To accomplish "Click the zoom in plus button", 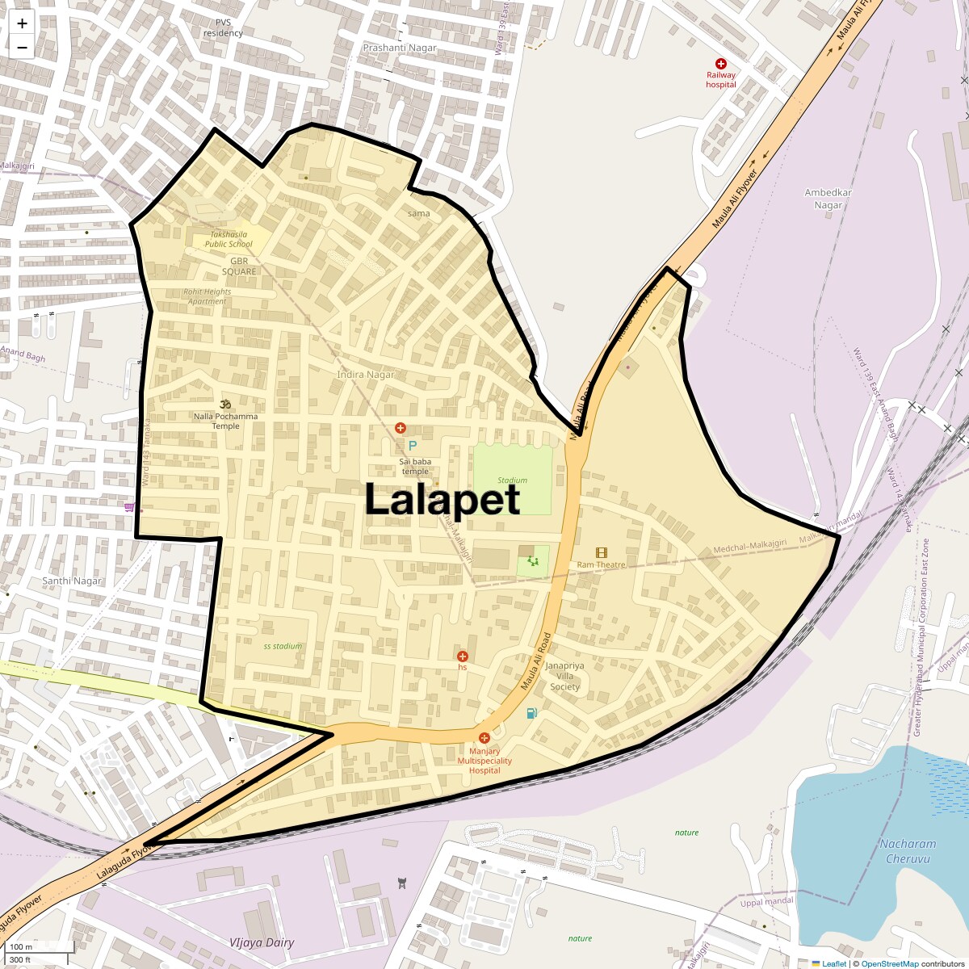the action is [x=22, y=24].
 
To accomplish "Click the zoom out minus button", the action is [x=22, y=48].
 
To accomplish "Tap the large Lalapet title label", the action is [x=443, y=499].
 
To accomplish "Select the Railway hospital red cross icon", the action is [x=721, y=64].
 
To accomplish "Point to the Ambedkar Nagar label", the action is [x=828, y=199].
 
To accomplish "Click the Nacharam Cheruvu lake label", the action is [x=908, y=851].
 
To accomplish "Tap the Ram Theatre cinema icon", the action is [x=602, y=553].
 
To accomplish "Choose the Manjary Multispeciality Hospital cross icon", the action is [x=484, y=738].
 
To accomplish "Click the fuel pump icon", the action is [x=531, y=713].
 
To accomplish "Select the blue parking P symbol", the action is [x=413, y=446].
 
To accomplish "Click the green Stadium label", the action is [x=512, y=480].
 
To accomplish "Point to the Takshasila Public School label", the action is [x=229, y=239].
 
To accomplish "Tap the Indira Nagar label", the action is [x=366, y=375].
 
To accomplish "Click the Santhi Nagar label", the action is [x=72, y=581].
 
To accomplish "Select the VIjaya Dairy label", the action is [x=262, y=942].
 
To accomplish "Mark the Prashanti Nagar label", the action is [x=400, y=48].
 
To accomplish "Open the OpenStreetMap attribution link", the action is [x=889, y=964].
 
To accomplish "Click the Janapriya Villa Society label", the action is [x=565, y=677].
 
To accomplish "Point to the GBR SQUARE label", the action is [x=239, y=266].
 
